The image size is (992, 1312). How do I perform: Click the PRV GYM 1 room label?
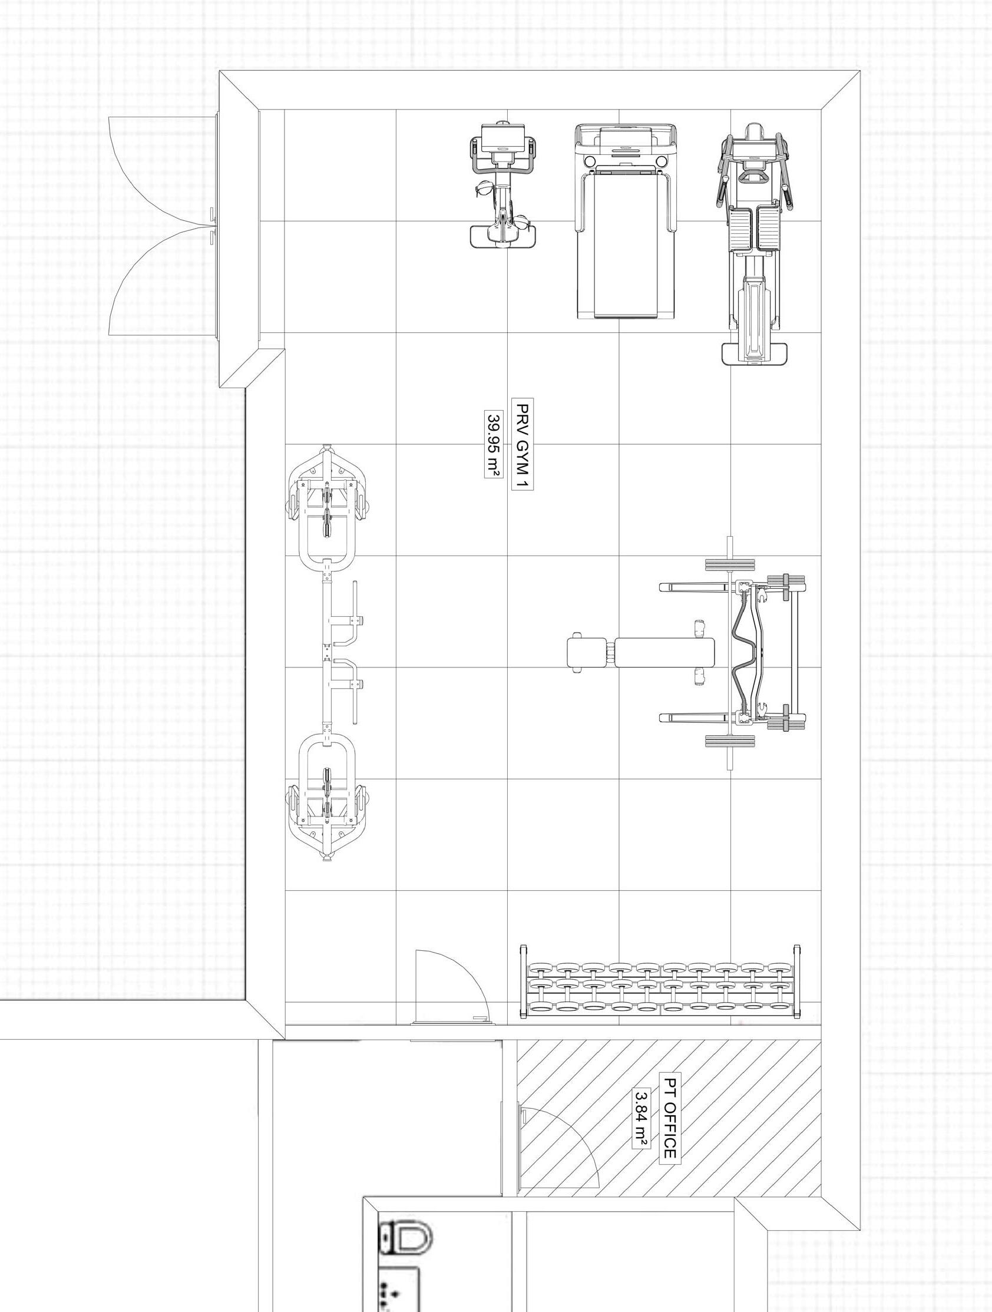[523, 446]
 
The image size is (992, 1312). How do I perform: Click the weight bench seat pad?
[664, 653]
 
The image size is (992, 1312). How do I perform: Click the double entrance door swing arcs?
[163, 226]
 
